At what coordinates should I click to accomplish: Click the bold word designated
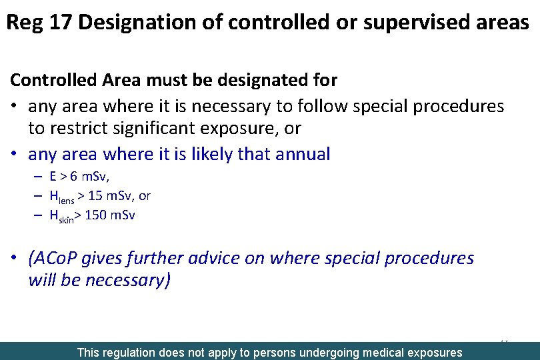(x=261, y=81)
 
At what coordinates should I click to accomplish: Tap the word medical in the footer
(x=387, y=352)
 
